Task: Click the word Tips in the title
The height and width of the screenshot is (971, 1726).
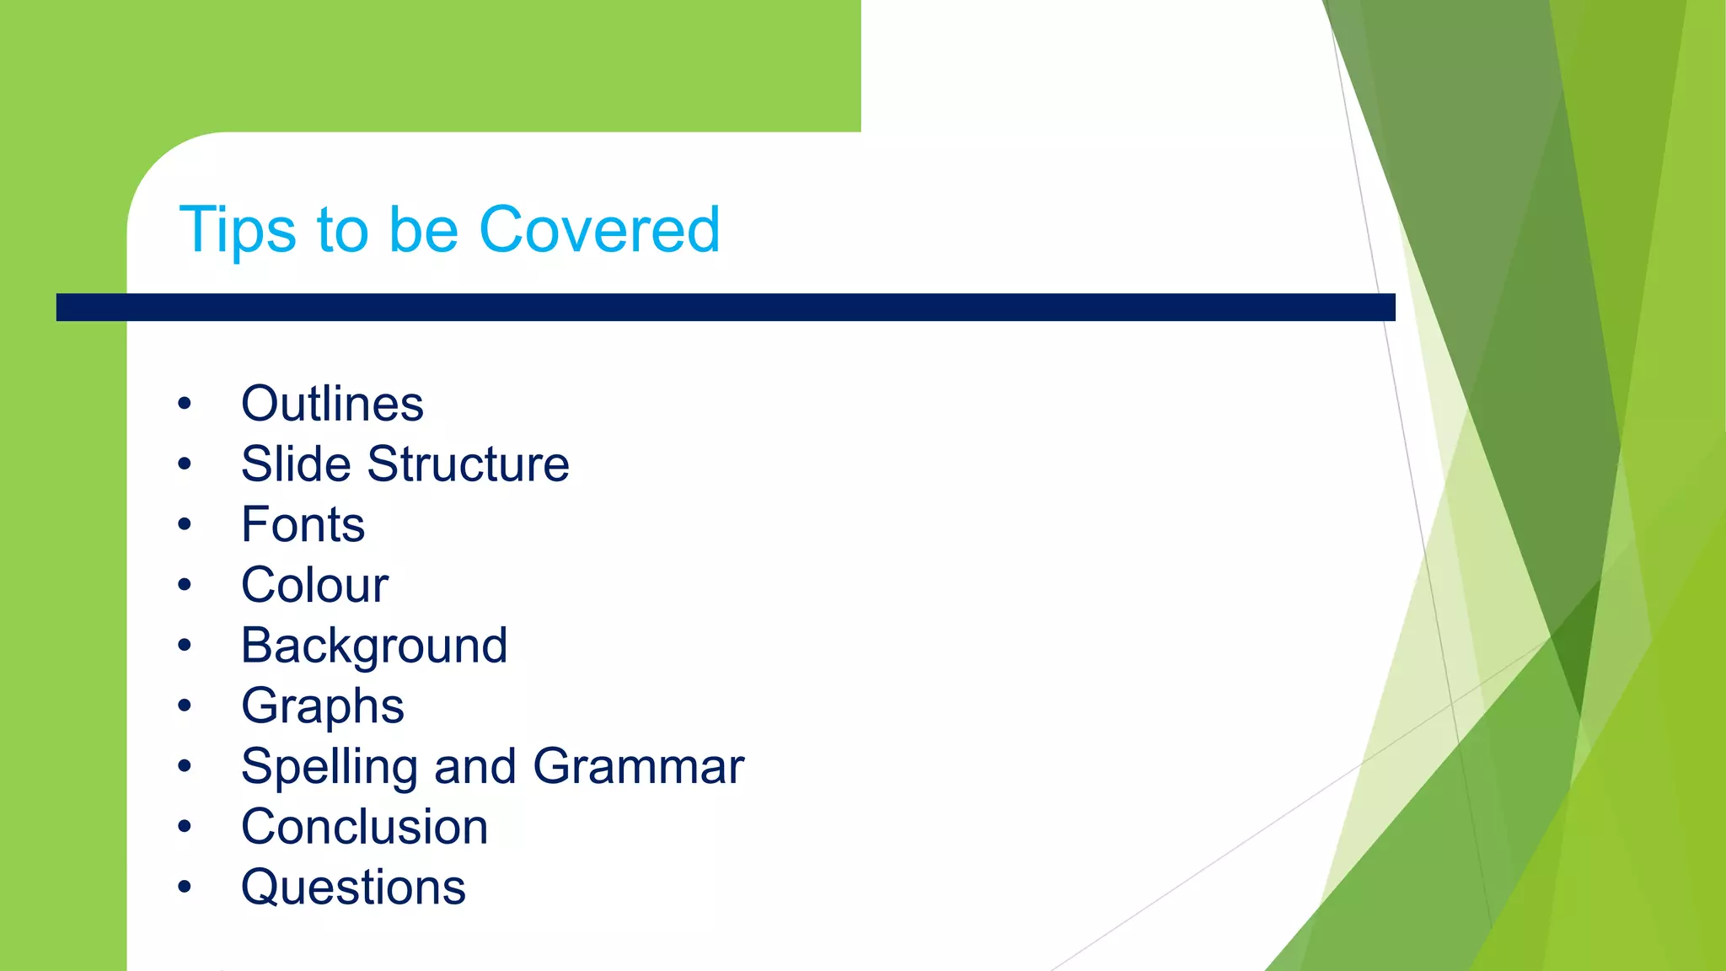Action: pos(237,230)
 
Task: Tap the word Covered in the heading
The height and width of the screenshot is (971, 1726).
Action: pos(599,229)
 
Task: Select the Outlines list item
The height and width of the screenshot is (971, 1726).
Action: pos(332,404)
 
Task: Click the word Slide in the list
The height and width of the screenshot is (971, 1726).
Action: pos(296,464)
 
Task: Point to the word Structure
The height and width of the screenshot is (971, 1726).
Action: pos(468,464)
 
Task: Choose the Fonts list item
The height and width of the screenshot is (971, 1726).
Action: pos(303,525)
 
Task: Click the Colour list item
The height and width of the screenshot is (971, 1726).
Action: pos(314,585)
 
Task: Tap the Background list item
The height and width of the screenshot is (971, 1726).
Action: pos(374,646)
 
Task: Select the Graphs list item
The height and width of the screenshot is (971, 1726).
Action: pos(322,706)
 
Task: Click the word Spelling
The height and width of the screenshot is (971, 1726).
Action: pos(330,767)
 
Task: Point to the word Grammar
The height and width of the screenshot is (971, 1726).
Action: pos(638,766)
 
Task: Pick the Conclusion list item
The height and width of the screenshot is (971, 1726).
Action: pos(364,827)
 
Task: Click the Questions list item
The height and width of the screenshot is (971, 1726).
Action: pos(353,888)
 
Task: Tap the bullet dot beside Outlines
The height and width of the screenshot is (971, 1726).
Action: pos(185,404)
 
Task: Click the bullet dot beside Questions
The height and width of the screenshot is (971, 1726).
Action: pos(185,887)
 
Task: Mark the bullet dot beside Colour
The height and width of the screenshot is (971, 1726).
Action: pos(185,585)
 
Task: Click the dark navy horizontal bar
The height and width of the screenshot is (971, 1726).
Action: pos(725,307)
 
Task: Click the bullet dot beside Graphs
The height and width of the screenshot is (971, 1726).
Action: pos(185,705)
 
